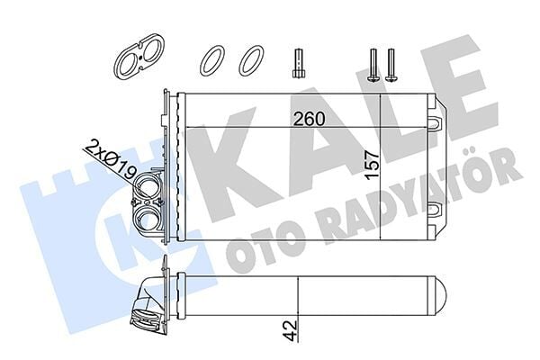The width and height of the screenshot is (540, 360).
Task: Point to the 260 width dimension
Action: click(308, 118)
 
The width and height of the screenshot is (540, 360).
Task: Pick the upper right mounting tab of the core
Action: click(435, 119)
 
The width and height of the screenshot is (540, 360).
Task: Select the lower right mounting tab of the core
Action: click(435, 212)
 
